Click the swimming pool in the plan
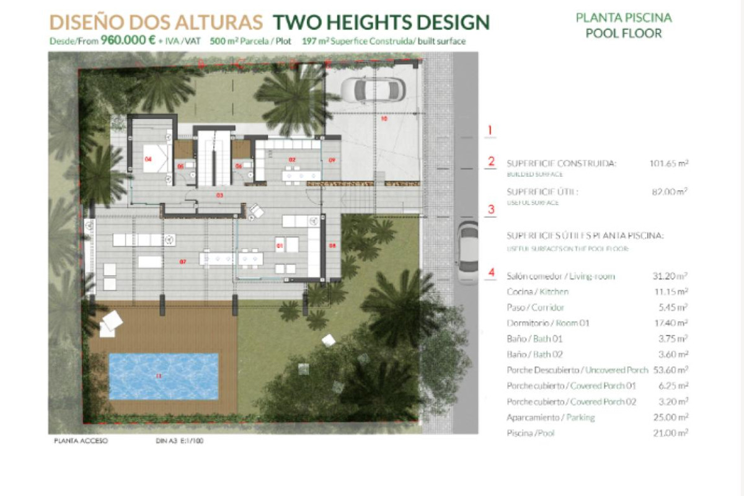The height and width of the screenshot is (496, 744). coord(163,376)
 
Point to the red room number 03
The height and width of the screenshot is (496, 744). coord(219,195)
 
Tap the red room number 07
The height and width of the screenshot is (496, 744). coord(183,262)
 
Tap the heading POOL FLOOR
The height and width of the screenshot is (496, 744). coord(624,33)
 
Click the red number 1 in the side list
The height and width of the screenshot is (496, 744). coord(490,130)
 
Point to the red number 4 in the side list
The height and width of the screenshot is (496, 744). coord(491,272)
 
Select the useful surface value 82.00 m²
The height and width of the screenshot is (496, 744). coord(670,192)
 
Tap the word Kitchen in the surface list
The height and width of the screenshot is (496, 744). coord(554,292)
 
